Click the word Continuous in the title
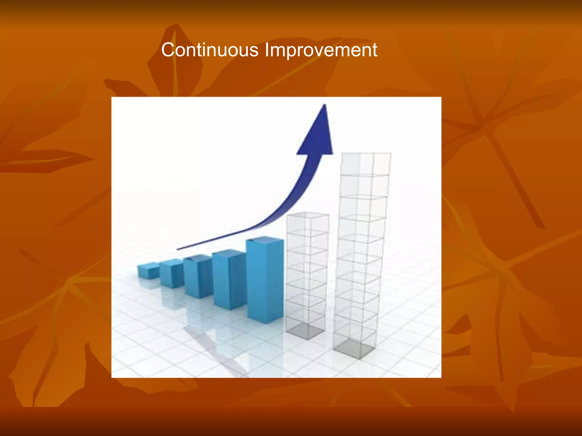(210, 50)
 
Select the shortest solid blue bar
(148, 272)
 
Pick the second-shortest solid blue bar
(171, 274)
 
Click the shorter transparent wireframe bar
(307, 275)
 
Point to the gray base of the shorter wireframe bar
(305, 331)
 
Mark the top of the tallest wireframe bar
(366, 155)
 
